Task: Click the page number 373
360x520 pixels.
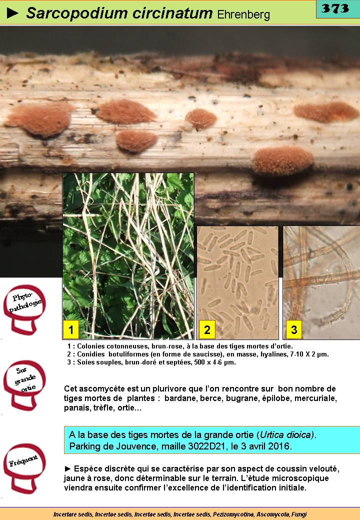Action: [335, 8]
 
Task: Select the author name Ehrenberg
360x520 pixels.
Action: [243, 14]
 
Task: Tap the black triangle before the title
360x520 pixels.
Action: [12, 13]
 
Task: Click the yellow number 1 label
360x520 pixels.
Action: [70, 329]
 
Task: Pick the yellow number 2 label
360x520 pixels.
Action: [207, 329]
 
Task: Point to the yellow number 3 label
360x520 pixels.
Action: [294, 329]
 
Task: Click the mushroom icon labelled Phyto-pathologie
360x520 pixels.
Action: [24, 309]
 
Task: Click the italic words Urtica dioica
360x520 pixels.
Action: [286, 435]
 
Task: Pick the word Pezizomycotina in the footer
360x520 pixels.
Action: [233, 514]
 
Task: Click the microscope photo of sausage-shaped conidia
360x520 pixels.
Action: [237, 282]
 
